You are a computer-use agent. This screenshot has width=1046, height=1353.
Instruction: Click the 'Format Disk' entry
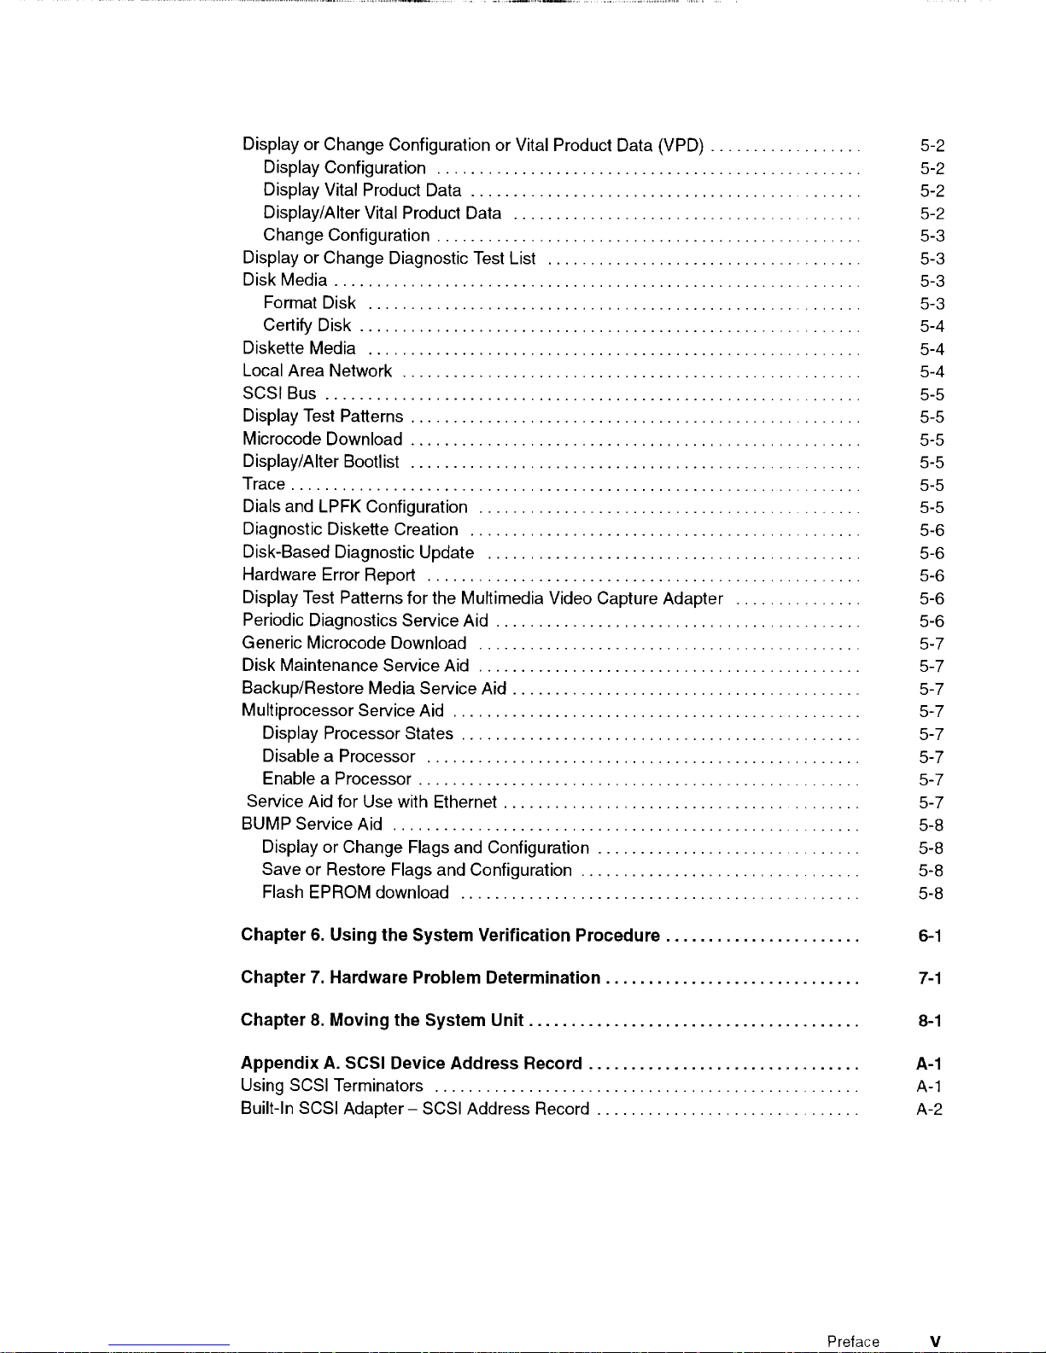pyautogui.click(x=309, y=303)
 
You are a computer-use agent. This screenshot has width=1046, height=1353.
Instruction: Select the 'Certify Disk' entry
pyautogui.click(x=307, y=325)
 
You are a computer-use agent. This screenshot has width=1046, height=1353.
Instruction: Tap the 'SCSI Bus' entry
pyautogui.click(x=279, y=394)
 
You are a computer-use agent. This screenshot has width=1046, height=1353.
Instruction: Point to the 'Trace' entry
pyautogui.click(x=263, y=484)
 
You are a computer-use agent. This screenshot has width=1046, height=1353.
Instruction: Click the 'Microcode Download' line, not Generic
pyautogui.click(x=322, y=439)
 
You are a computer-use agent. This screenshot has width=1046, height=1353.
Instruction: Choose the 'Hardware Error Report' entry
pyautogui.click(x=329, y=574)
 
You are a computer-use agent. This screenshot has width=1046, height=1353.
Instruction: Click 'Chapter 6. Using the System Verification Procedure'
pyautogui.click(x=450, y=936)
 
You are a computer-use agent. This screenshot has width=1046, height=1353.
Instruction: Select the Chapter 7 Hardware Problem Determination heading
pyautogui.click(x=420, y=977)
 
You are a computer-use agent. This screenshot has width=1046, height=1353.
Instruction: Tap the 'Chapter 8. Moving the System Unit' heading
pyautogui.click(x=382, y=1020)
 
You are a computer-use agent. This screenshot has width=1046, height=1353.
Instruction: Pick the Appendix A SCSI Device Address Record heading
pyautogui.click(x=412, y=1064)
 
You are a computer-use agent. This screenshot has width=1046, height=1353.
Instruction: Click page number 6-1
pyautogui.click(x=930, y=936)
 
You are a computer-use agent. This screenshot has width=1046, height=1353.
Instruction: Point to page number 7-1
pyautogui.click(x=930, y=978)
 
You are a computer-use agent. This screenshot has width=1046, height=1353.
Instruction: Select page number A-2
pyautogui.click(x=930, y=1110)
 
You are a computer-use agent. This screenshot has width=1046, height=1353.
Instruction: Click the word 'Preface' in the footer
pyautogui.click(x=852, y=1342)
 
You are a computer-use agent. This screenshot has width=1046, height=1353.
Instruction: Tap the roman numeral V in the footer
pyautogui.click(x=936, y=1342)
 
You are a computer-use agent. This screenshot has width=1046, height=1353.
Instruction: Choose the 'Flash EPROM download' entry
pyautogui.click(x=355, y=893)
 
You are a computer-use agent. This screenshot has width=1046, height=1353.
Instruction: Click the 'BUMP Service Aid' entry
pyautogui.click(x=312, y=824)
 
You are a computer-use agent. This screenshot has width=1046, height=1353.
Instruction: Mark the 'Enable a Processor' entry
pyautogui.click(x=336, y=779)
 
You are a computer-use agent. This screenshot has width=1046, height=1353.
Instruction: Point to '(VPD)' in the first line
pyautogui.click(x=681, y=145)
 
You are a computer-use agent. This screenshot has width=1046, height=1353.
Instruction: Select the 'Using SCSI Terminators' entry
pyautogui.click(x=331, y=1086)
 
